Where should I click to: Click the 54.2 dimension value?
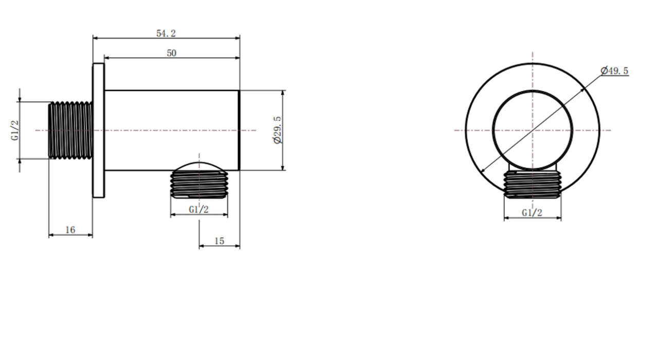click(x=166, y=33)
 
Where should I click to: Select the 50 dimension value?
click(x=172, y=53)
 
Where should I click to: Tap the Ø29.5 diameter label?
click(x=277, y=130)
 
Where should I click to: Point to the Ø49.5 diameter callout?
click(x=614, y=71)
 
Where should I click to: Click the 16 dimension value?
click(x=70, y=230)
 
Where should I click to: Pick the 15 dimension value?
click(x=220, y=241)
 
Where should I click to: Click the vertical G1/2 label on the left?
click(x=15, y=131)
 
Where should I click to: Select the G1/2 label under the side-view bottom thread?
click(x=198, y=209)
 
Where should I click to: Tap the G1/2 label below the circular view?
click(x=532, y=212)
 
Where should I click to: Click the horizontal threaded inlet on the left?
click(x=70, y=130)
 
